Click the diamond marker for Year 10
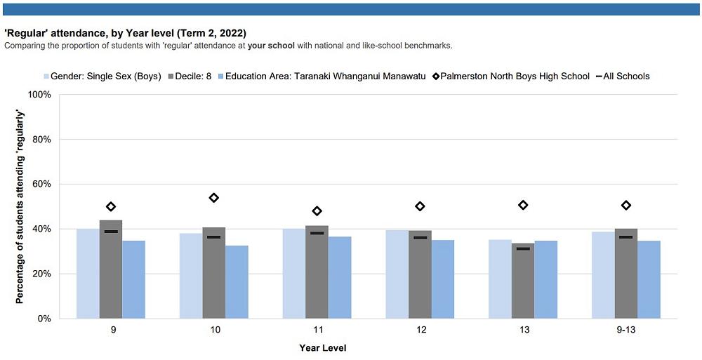pos(214,198)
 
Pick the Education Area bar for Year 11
pos(340,277)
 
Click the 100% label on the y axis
pos(39,95)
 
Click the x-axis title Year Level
pos(322,348)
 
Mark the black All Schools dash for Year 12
pos(420,238)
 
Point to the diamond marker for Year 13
pos(523,205)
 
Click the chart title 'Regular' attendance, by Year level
pos(125,33)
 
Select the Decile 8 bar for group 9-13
pos(626,274)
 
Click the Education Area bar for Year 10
pos(237,282)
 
